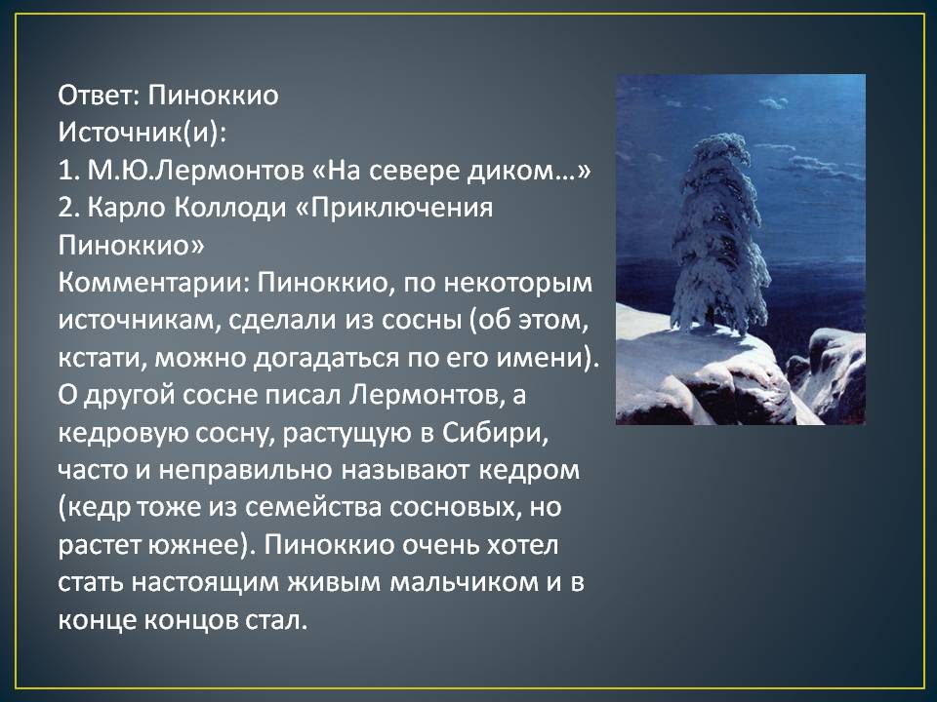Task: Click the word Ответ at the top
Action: [98, 96]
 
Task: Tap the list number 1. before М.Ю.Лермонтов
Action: [68, 171]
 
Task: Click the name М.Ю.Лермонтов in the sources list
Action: [196, 171]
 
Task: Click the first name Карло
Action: [127, 209]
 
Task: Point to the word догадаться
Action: [327, 358]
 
